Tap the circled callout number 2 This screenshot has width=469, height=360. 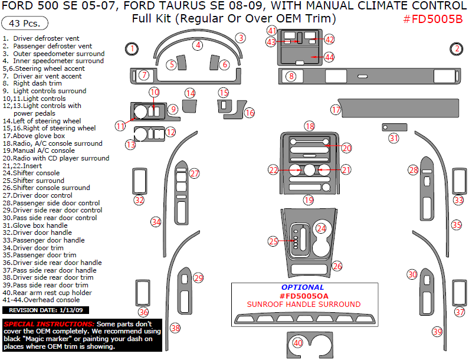[x=457, y=49]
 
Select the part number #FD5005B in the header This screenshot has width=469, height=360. [x=432, y=18]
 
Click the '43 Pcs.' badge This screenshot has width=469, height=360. [x=25, y=24]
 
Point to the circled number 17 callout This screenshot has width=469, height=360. [x=336, y=110]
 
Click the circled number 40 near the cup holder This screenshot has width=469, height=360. [x=298, y=342]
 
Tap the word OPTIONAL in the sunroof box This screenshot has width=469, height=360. [x=303, y=287]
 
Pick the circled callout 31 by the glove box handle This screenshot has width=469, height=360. [x=393, y=138]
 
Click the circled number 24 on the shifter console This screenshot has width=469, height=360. [x=321, y=228]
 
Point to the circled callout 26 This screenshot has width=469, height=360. [x=337, y=266]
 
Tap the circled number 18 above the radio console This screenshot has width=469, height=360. [x=310, y=126]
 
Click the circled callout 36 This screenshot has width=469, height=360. [x=143, y=312]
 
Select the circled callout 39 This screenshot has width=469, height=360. [x=437, y=332]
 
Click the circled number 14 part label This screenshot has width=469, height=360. [x=190, y=93]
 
